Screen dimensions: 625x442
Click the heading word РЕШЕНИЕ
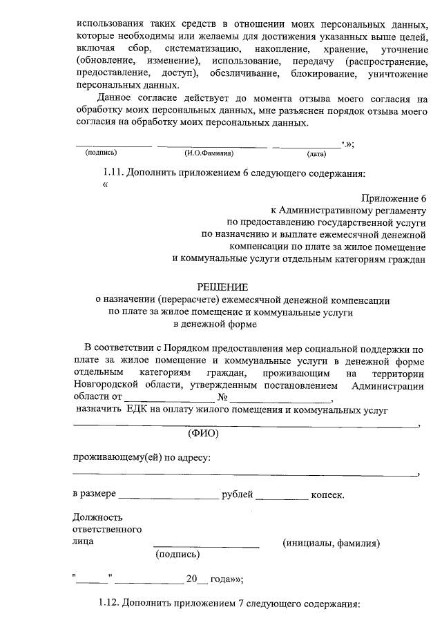tap(222, 287)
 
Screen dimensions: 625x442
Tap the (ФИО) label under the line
tap(203, 434)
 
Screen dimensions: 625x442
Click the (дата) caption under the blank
tap(316, 153)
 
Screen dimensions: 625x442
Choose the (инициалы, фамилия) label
tap(331, 543)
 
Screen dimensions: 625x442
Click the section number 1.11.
tap(113, 173)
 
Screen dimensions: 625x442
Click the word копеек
tap(327, 495)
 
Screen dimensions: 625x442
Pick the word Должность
tap(97, 517)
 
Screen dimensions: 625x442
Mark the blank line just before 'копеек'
tap(282, 497)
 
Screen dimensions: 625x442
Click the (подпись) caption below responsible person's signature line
tap(178, 554)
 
